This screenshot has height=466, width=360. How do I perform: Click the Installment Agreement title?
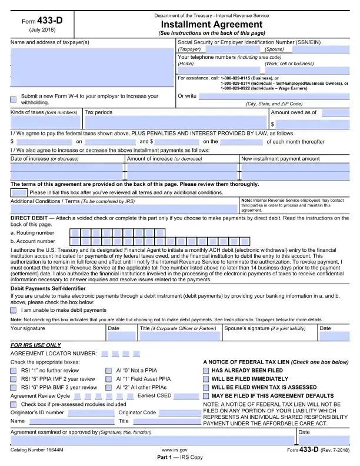coord(211,25)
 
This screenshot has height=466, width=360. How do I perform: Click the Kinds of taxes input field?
coord(46,122)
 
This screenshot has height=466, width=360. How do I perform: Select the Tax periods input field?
coord(175,122)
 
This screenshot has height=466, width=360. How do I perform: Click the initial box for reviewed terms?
coord(19,192)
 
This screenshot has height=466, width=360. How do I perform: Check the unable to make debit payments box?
coord(14,309)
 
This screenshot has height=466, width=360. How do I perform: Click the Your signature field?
coord(56,337)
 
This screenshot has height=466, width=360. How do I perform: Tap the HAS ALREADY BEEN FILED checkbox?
coord(206,371)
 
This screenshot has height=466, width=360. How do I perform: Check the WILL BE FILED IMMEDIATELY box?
coord(206,379)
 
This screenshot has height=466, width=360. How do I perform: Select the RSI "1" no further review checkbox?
coord(14,371)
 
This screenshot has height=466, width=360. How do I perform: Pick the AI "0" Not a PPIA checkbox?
coord(109,371)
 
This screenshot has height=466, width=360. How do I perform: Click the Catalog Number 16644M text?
coord(36,450)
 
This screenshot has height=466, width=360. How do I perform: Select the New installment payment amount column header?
coord(280,159)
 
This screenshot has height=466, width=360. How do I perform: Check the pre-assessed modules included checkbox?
coord(14,404)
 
